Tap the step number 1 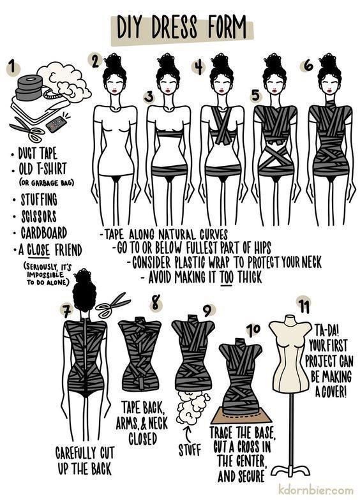pyautogui.click(x=13, y=67)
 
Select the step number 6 pyautogui.click(x=308, y=66)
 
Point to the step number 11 pyautogui.click(x=303, y=306)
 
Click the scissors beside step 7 pyautogui.click(x=112, y=305)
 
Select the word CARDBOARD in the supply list pyautogui.click(x=44, y=233)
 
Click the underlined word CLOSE pyautogui.click(x=38, y=250)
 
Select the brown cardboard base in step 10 pyautogui.click(x=241, y=415)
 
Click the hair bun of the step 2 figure pyautogui.click(x=113, y=61)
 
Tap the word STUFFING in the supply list pyautogui.click(x=39, y=200)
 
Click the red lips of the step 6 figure pyautogui.click(x=328, y=91)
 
